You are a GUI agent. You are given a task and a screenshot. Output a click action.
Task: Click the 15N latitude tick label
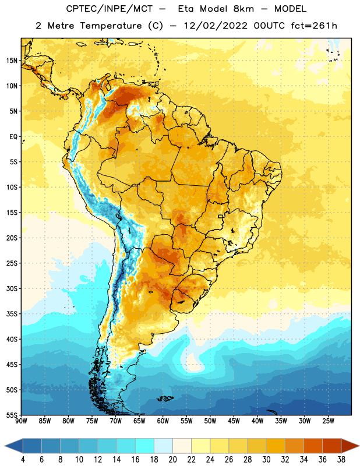[x=12, y=61]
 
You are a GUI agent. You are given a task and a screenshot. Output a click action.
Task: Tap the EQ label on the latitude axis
[x=13, y=137]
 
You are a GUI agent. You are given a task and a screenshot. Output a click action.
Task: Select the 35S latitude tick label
[x=12, y=314]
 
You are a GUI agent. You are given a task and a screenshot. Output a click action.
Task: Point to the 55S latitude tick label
[x=12, y=415]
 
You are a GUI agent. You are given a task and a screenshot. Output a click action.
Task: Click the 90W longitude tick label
[x=21, y=421]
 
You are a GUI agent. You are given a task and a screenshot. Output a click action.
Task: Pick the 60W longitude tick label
[x=163, y=421]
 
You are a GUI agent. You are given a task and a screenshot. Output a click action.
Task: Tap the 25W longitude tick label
[x=328, y=421]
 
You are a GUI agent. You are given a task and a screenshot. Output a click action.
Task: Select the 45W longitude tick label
[x=234, y=421]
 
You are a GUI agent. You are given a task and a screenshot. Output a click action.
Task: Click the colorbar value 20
[x=172, y=460]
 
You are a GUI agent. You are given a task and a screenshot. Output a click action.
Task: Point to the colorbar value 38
[x=341, y=460]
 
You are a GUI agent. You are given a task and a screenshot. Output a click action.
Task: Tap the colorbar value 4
[x=23, y=460]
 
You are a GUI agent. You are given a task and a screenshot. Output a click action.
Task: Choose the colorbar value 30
[x=266, y=460]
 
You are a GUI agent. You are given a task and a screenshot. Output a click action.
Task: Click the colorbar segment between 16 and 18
[x=145, y=446]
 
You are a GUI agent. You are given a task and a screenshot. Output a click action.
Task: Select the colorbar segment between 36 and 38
[x=332, y=446]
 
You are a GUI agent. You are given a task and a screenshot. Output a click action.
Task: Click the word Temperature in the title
[x=111, y=26]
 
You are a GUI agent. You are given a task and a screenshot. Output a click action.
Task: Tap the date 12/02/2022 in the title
[x=216, y=26]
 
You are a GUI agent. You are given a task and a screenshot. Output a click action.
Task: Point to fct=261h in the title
[x=314, y=26]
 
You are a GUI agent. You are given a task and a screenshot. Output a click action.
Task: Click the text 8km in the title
[x=243, y=9]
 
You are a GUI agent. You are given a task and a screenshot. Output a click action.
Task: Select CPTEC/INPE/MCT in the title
[x=110, y=9]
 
